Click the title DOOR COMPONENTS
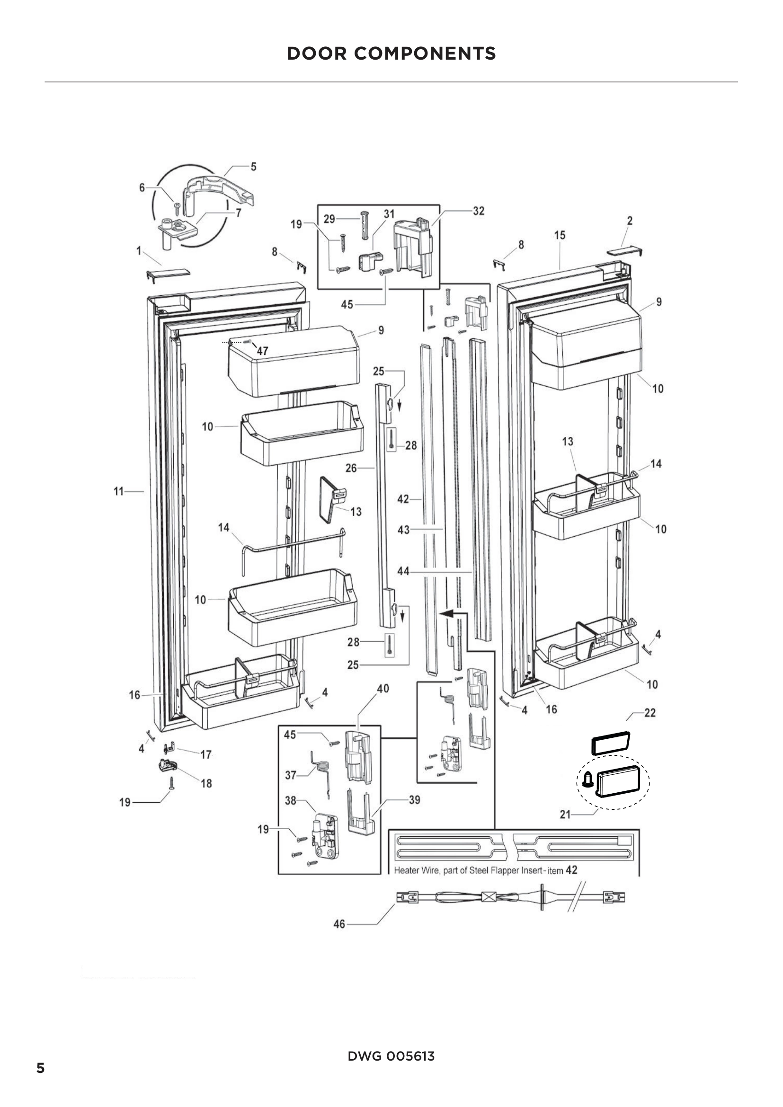[x=391, y=53]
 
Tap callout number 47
[x=262, y=351]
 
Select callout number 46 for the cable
[x=339, y=924]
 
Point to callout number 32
[x=478, y=211]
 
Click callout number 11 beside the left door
[x=119, y=491]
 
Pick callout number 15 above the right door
[x=559, y=235]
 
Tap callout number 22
[x=650, y=713]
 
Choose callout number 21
[x=565, y=815]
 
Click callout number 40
[x=383, y=689]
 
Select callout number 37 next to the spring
[x=290, y=775]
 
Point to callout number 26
[x=351, y=468]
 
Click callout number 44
[x=403, y=571]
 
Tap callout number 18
[x=206, y=783]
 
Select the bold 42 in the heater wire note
[x=571, y=870]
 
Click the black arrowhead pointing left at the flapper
[x=446, y=613]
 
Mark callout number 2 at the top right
[x=630, y=221]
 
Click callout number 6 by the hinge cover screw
[x=142, y=187]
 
